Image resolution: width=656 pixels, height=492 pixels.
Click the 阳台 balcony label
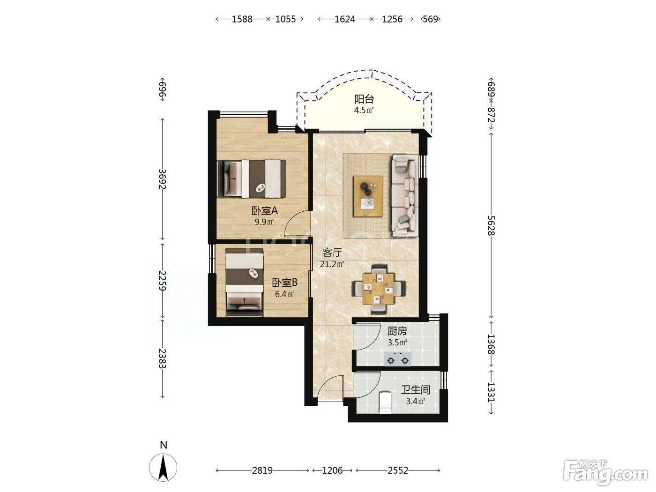click(x=364, y=99)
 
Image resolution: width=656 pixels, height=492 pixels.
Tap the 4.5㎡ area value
click(x=364, y=110)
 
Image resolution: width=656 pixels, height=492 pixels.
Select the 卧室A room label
click(x=264, y=211)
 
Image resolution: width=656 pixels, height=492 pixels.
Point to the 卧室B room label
click(x=284, y=282)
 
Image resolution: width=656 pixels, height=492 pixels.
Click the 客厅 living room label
click(x=332, y=253)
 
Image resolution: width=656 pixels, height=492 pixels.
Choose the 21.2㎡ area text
click(x=332, y=264)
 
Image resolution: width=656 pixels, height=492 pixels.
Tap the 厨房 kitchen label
click(x=397, y=331)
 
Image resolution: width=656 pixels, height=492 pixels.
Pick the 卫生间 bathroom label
click(x=416, y=389)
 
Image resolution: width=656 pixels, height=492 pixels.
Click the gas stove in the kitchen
click(x=398, y=359)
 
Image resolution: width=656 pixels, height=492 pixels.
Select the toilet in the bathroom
click(x=386, y=403)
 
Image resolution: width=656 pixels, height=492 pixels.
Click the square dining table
click(x=378, y=288)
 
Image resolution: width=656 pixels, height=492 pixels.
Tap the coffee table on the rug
click(x=368, y=196)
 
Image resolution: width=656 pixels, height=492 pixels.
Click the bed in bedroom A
click(x=251, y=179)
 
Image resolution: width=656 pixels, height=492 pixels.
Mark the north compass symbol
click(x=163, y=467)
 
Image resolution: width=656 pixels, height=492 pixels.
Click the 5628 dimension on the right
click(x=491, y=225)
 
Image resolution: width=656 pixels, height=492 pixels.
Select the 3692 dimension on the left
click(x=162, y=179)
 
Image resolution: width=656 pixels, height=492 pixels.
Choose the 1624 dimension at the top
click(x=345, y=19)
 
